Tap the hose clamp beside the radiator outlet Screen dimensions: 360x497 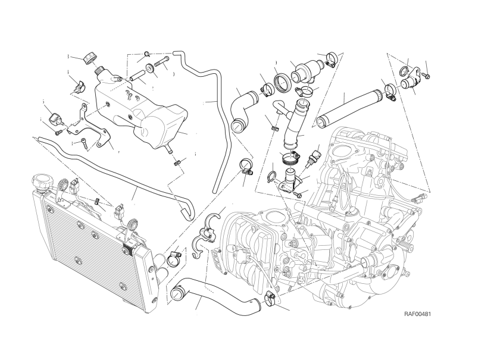click(x=174, y=258)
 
